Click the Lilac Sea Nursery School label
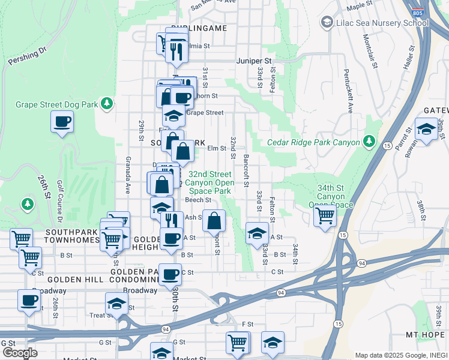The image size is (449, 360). pos(373,23)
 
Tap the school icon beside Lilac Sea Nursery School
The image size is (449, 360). pos(327,23)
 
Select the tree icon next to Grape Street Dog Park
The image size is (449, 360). pos(107,104)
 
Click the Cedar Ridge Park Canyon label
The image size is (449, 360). pos(313,142)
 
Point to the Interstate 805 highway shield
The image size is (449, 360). pos(416,11)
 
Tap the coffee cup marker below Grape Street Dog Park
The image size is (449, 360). pos(62,122)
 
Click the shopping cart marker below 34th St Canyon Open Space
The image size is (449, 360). pos(325,215)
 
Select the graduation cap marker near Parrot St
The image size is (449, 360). pos(426,130)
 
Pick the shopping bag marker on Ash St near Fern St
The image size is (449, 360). pos(214,221)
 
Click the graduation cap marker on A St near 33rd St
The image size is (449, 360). pos(257,233)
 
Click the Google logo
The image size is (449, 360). pos(20,353)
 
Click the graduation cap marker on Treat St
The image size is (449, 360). pos(116,303)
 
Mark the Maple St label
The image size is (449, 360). pos(361,6)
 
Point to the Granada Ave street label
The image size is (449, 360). pos(128,175)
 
